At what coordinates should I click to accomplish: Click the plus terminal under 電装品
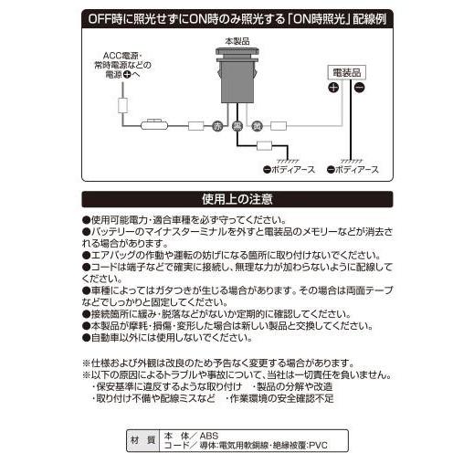[x=333, y=88]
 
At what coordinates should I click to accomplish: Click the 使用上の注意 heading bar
[x=237, y=199]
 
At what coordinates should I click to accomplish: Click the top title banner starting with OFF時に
[x=237, y=17]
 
